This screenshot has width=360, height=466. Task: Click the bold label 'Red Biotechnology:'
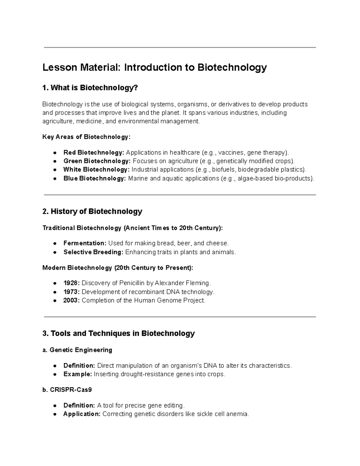(94, 152)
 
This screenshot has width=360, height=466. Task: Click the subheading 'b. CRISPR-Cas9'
(67, 390)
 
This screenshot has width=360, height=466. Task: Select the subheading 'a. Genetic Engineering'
(77, 350)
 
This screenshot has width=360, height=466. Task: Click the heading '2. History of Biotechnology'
(92, 212)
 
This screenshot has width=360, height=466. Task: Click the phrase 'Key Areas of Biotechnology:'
(86, 137)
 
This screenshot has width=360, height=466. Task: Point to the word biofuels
(224, 170)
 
